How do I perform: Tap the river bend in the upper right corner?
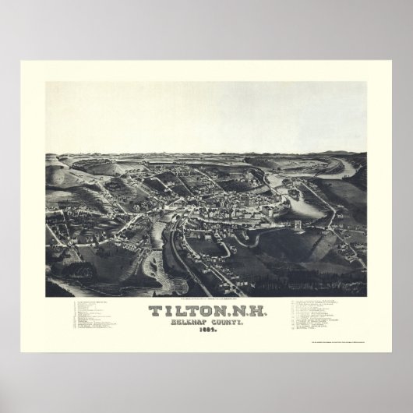click(343, 168)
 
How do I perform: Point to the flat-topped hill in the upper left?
click(117, 164)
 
